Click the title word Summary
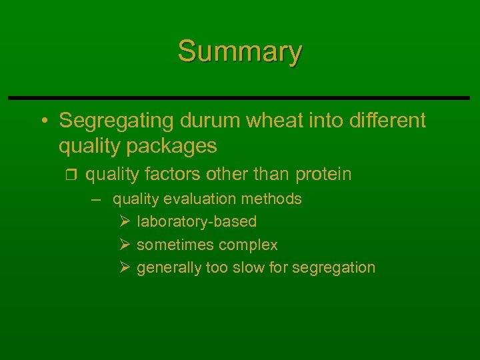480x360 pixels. [240, 52]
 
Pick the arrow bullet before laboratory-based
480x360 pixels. [124, 221]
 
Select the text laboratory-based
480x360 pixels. [197, 222]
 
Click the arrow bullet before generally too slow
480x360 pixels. [124, 267]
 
